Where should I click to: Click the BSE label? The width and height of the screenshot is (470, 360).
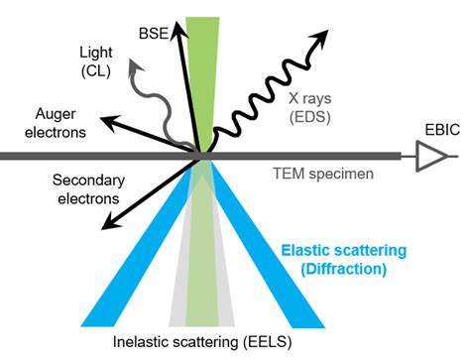coord(154,34)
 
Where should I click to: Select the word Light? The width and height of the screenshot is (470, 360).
coord(96,53)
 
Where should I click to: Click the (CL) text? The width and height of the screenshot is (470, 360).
coord(96,70)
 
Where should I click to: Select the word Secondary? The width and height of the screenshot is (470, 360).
coord(88,180)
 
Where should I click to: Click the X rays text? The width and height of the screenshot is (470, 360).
coord(309,98)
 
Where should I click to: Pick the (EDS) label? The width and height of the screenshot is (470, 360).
coord(310,117)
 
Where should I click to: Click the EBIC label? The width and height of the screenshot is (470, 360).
coord(442,130)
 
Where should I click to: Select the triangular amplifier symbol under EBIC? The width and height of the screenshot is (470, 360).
coord(430,156)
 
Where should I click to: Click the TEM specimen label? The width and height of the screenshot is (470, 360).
coord(323,174)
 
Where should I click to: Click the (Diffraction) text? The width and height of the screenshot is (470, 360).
coord(344,269)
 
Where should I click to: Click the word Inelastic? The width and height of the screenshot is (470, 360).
coord(140,342)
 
